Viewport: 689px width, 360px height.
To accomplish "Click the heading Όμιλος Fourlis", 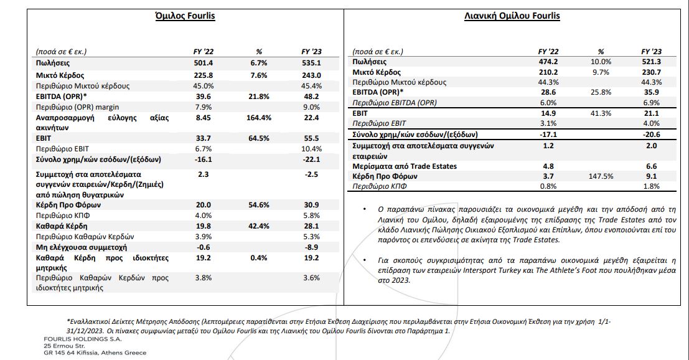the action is tap(185, 16).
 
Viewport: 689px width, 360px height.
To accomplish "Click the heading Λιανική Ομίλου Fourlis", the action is tap(512, 16).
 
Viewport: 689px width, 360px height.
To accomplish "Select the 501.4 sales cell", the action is tap(203, 64).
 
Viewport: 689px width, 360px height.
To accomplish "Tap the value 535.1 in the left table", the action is tap(311, 64).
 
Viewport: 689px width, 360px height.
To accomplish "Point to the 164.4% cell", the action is tap(259, 118).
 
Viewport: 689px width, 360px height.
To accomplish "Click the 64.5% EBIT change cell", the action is tap(259, 138).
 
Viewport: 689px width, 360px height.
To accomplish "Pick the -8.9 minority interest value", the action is tap(311, 247).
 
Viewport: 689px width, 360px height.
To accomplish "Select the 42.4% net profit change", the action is tap(259, 226).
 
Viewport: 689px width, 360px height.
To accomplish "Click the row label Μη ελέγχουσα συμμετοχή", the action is tap(82, 247).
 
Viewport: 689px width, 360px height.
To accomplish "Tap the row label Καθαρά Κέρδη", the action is tap(62, 226).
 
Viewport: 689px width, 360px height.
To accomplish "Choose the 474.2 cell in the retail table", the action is tap(548, 62).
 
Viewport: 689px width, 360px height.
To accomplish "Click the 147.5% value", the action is tap(601, 177).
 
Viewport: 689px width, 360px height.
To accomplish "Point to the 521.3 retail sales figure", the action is tap(651, 62).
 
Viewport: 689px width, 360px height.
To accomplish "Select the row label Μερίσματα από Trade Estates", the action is tap(405, 166).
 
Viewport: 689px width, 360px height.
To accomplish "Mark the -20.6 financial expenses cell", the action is tap(651, 135).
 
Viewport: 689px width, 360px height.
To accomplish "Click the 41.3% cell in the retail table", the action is tap(601, 113).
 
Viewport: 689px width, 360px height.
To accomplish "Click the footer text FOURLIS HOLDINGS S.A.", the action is tap(83, 339).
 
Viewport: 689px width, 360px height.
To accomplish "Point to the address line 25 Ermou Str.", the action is tap(64, 346).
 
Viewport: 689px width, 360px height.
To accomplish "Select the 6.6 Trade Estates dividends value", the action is tap(651, 166).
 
